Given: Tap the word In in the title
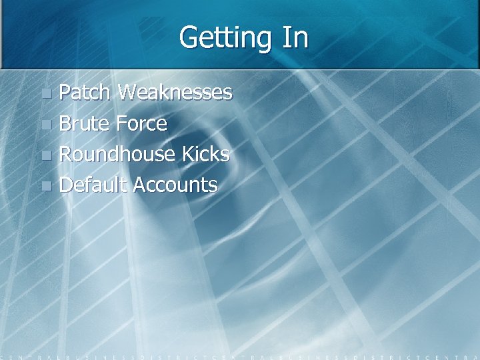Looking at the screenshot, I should tap(295, 38).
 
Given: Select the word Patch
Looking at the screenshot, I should tap(85, 92).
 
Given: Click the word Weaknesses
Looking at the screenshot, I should tap(175, 92).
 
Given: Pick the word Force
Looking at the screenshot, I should tap(141, 123).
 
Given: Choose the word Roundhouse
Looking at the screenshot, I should tap(117, 154).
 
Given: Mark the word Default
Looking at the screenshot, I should tap(93, 185).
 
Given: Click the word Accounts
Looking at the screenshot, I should tap(175, 185).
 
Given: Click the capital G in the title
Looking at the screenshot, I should tap(189, 38).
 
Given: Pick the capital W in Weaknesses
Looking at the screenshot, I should tap(128, 92).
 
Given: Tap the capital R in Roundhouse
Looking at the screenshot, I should tap(66, 154).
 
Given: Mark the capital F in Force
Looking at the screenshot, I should tap(121, 123).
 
